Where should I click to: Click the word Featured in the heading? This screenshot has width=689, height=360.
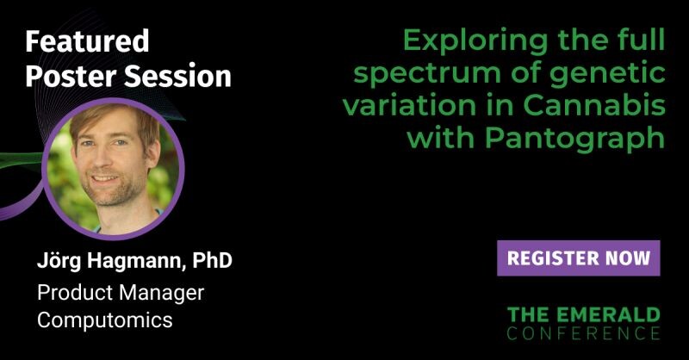(87, 41)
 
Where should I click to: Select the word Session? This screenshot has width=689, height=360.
(177, 76)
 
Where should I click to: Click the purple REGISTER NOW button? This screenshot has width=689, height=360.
(578, 258)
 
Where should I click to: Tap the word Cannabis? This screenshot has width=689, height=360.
(594, 105)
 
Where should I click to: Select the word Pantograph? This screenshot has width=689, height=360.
(574, 140)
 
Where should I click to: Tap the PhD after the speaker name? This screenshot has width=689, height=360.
(212, 260)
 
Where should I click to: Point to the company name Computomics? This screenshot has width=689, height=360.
(104, 320)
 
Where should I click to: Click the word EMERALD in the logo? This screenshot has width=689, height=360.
(611, 314)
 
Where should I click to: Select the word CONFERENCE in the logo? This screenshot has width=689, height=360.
(584, 332)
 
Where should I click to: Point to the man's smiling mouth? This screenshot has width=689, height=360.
(105, 179)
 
